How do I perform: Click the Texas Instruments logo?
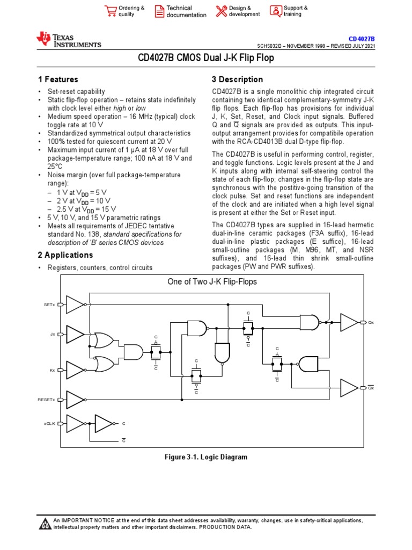click(68, 40)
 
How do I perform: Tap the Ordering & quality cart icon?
click(111, 11)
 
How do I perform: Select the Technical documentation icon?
click(159, 11)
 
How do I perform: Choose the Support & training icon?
click(276, 11)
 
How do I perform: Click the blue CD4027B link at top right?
click(362, 39)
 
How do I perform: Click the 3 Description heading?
click(238, 79)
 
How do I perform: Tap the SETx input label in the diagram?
click(49, 305)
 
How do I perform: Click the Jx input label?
click(53, 334)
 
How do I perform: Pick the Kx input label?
click(53, 370)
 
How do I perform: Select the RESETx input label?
click(46, 400)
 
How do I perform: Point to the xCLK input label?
click(49, 423)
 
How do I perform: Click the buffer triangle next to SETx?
click(75, 305)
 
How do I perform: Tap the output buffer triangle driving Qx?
click(349, 322)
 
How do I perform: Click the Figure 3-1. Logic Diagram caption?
click(205, 457)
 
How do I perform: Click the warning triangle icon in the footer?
click(45, 524)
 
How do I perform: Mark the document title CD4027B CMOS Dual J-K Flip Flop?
click(206, 58)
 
